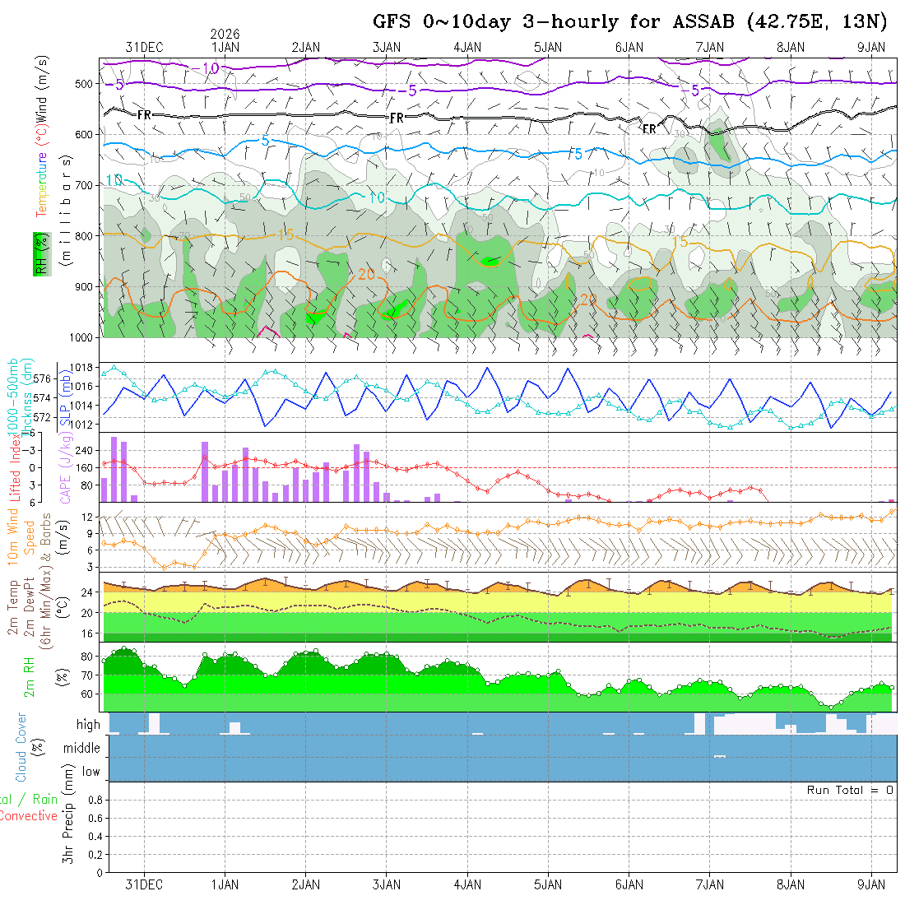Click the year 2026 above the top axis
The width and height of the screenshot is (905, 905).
point(225,34)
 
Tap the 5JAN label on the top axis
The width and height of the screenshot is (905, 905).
point(547,48)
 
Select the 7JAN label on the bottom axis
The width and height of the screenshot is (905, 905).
point(709,884)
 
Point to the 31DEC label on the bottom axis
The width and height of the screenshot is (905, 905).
point(144,884)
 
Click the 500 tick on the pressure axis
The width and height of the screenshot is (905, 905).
point(83,84)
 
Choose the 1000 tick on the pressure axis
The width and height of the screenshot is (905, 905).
point(80,337)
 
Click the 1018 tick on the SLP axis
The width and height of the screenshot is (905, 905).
point(80,367)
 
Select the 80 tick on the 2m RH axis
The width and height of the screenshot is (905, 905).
point(84,657)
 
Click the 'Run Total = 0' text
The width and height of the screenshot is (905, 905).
point(850,790)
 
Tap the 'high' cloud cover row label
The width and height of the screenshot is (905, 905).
point(88,725)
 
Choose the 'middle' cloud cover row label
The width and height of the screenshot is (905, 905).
point(81,748)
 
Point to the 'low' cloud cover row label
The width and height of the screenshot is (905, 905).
point(90,772)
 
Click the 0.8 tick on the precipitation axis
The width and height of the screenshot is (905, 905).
point(94,800)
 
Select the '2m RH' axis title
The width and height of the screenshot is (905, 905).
point(29,676)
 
